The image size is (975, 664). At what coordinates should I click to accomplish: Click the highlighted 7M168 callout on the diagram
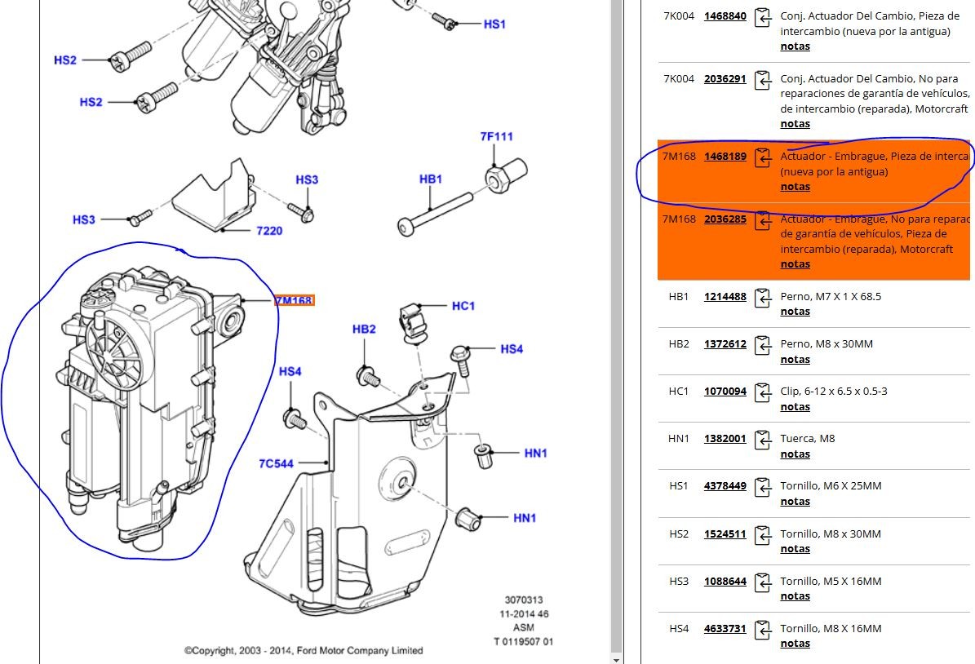tap(294, 301)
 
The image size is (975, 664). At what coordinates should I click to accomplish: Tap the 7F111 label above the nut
tap(496, 136)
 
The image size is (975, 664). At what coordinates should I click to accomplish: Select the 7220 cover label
tap(269, 231)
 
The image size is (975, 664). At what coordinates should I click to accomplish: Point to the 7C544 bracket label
tap(276, 463)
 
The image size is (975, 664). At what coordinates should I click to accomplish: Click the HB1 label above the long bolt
tap(430, 179)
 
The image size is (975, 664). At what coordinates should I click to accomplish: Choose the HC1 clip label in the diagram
tap(463, 306)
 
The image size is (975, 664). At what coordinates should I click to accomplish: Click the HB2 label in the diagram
tap(364, 329)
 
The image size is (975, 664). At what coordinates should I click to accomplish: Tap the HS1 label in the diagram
tap(494, 24)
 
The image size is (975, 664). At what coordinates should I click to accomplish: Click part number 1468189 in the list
tap(725, 156)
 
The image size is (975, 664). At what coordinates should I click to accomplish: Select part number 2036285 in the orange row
tap(725, 219)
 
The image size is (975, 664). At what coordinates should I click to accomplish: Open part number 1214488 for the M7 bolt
tap(725, 296)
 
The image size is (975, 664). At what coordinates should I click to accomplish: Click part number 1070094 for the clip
tap(725, 391)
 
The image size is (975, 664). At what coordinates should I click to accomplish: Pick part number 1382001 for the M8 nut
tap(725, 438)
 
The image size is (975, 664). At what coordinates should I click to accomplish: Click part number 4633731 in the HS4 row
tap(725, 628)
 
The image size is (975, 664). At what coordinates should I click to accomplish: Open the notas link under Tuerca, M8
tap(795, 454)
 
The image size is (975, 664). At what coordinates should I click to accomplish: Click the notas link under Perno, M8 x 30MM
tap(795, 360)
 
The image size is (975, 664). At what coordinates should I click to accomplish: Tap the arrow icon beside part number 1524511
tap(763, 535)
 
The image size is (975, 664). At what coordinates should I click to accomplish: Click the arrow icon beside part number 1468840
tap(763, 17)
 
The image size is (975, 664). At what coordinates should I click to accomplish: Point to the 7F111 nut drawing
tap(506, 173)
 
